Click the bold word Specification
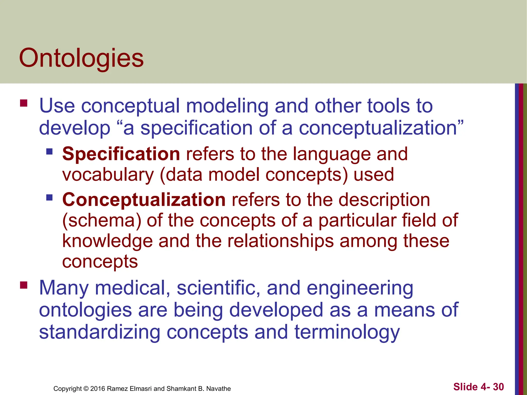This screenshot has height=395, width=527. (121, 154)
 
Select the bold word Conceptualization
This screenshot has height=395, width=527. (144, 200)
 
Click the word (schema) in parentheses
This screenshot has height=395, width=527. (102, 221)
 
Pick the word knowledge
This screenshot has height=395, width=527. (108, 241)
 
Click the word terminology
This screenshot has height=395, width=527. (347, 332)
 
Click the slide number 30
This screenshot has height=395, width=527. (498, 387)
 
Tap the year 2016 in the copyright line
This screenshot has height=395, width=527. (98, 389)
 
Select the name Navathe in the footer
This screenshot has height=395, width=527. (218, 389)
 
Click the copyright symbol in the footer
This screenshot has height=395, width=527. (86, 389)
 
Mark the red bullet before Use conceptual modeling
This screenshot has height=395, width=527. (24, 103)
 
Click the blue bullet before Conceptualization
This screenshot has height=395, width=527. (49, 197)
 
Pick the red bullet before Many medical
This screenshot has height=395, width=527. (24, 285)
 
